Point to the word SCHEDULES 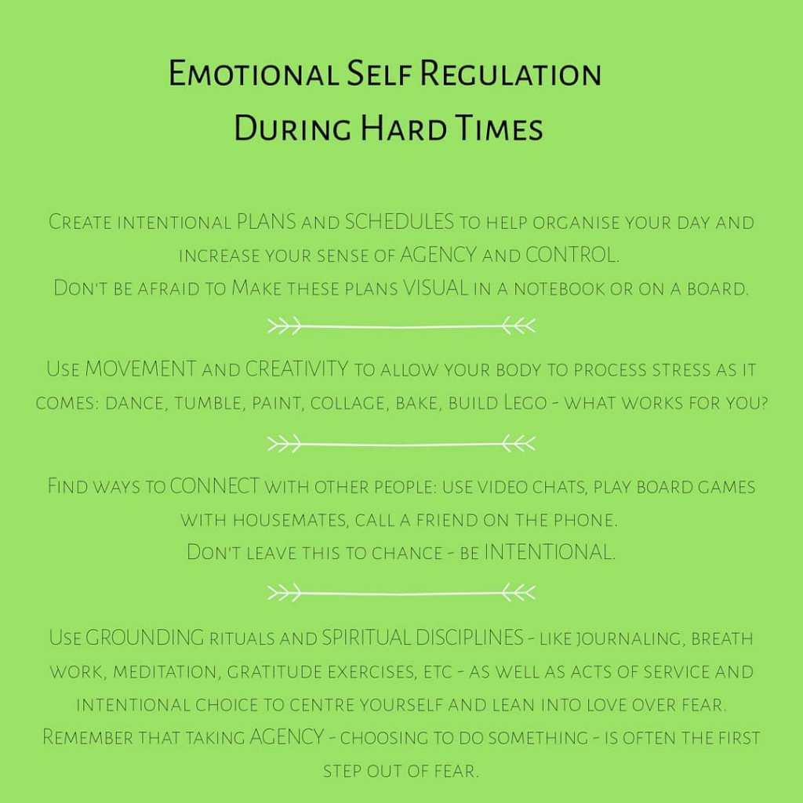(400, 222)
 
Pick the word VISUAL (436, 288)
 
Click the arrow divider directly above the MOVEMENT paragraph (401, 325)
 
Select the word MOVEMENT (140, 369)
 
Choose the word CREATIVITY (297, 369)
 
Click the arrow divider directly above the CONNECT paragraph (401, 444)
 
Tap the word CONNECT (214, 486)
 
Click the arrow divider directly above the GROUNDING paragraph (401, 591)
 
